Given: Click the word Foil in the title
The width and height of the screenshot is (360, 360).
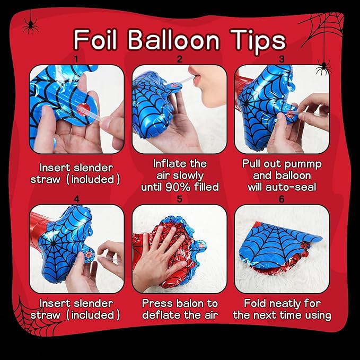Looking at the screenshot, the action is pos(95,40).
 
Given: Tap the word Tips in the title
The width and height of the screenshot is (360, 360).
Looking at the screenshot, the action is pos(258,41).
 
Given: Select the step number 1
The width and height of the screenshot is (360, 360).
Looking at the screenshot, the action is pos(76,60).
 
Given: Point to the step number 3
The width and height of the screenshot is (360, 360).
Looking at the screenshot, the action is pos(282,59).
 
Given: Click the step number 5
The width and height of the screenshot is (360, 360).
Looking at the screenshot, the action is pos(180,199).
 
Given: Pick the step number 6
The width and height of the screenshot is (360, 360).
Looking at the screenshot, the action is pos(282,199).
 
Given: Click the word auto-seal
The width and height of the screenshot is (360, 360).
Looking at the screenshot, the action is pos(291,187).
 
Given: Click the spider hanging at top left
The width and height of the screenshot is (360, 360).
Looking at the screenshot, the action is pos(31,25).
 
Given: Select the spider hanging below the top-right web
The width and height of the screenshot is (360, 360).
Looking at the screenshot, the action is pos(323,67).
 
